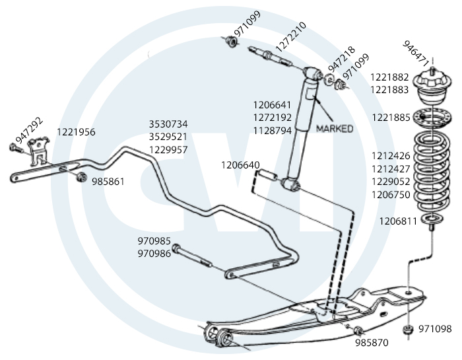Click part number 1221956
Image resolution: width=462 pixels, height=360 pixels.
pos(76,132)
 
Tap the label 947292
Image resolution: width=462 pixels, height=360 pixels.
pos(29,131)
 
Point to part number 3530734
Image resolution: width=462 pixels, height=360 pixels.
pos(168,124)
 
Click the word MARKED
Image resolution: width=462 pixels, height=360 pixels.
pos(335,127)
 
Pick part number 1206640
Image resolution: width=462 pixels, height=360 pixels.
pos(242,165)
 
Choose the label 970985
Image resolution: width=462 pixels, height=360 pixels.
pos(154,240)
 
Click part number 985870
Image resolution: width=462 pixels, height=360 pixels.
pos(371,343)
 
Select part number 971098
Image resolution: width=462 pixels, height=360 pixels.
pos(435,328)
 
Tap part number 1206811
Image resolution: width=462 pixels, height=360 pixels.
pos(398,221)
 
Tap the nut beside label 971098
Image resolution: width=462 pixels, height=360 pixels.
pos(407,329)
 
